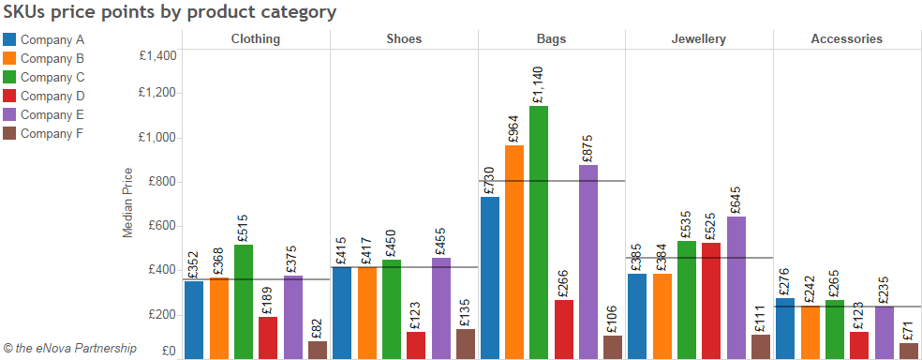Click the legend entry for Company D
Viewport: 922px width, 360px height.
click(x=52, y=96)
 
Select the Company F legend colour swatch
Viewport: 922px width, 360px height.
click(x=10, y=133)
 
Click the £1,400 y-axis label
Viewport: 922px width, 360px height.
click(x=156, y=55)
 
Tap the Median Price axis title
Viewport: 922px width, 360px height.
click(x=128, y=202)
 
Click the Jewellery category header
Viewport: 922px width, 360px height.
click(x=698, y=39)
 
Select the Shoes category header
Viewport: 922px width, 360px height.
click(x=404, y=39)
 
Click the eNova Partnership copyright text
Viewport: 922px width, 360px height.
click(x=70, y=349)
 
